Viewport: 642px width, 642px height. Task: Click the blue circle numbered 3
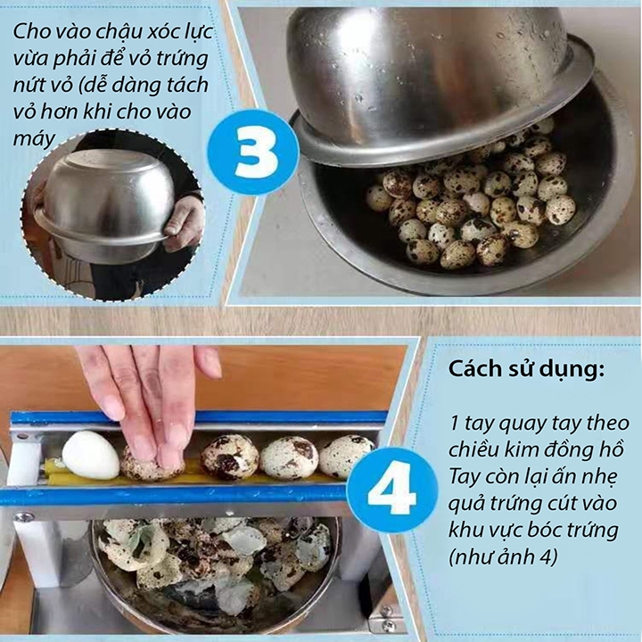[253, 155]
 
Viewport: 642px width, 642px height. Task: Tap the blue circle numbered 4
[392, 490]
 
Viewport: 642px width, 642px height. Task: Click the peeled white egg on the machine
[90, 455]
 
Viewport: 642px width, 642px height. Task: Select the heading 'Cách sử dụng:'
[527, 369]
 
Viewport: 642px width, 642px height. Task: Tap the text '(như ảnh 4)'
[503, 556]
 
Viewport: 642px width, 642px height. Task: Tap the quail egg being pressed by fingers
[152, 465]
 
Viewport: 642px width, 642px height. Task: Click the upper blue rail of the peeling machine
[198, 417]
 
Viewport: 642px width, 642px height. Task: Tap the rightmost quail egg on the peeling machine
[346, 457]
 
